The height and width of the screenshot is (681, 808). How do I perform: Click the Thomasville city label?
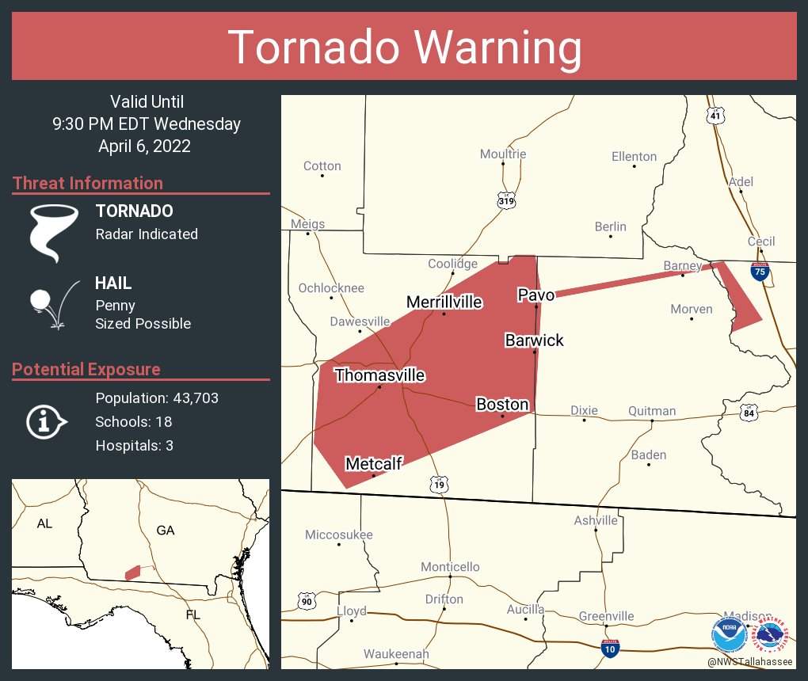click(x=379, y=375)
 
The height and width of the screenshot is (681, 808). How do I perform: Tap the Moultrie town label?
click(x=503, y=154)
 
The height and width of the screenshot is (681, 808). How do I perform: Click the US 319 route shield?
click(x=506, y=200)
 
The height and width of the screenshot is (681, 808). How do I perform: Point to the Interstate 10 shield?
click(x=609, y=649)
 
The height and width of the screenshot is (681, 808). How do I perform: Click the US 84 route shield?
click(x=749, y=413)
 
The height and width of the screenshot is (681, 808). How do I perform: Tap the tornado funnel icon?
click(x=53, y=233)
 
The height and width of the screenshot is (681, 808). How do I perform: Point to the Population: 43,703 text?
click(x=157, y=398)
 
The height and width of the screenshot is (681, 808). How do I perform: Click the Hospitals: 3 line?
click(x=134, y=445)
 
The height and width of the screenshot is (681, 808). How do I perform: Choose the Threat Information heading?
click(x=88, y=183)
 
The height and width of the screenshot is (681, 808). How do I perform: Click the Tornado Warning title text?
click(x=404, y=47)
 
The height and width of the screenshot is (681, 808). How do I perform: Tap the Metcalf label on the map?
click(x=373, y=464)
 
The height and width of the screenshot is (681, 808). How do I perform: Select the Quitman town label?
click(x=652, y=410)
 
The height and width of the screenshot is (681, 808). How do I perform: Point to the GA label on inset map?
click(x=165, y=531)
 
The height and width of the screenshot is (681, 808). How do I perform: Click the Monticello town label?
click(x=450, y=567)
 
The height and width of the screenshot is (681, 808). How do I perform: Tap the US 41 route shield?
click(x=715, y=116)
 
